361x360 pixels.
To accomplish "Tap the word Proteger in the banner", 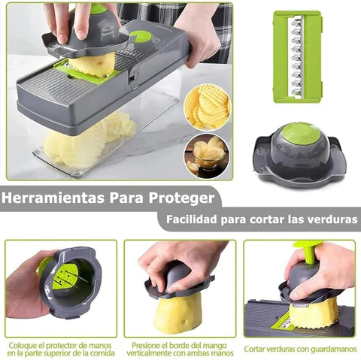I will coord(181,199).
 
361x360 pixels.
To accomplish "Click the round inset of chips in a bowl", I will coord(208,154).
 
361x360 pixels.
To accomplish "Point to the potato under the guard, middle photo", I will coord(177,312).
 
